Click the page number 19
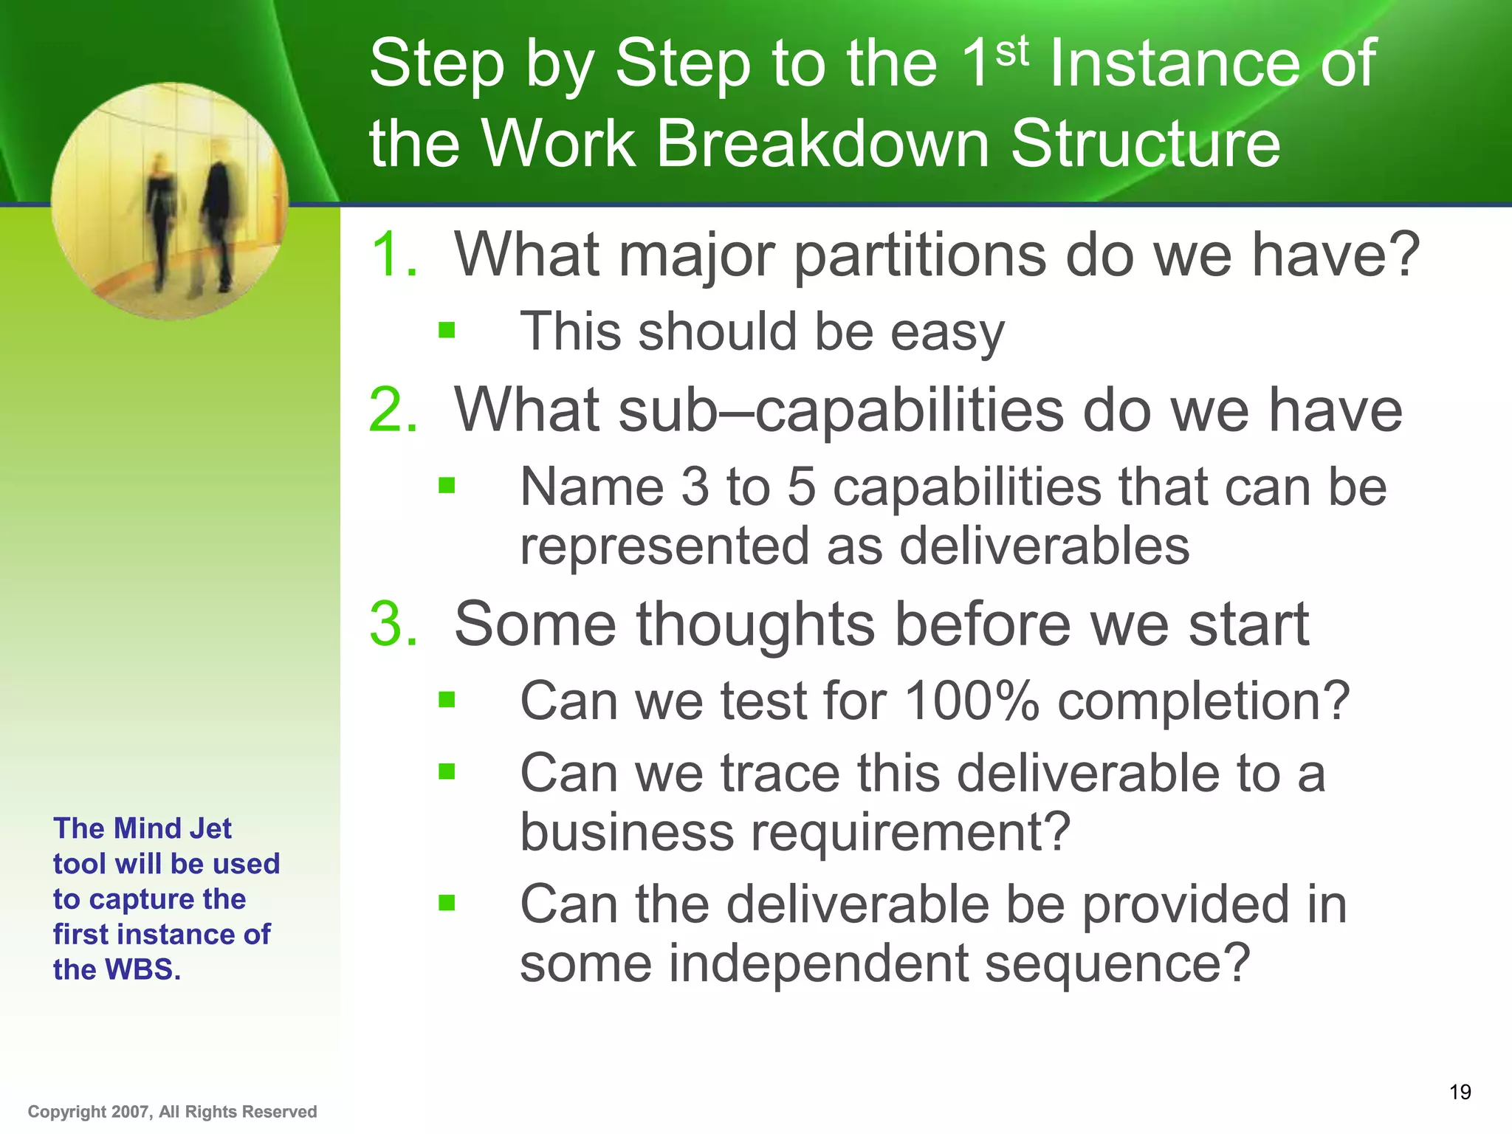(1460, 1092)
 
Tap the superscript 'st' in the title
(1011, 51)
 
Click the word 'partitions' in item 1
(920, 255)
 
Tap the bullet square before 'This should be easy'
(447, 330)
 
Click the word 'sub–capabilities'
(759, 410)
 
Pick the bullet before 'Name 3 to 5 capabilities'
(447, 485)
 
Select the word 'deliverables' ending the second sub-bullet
(1044, 546)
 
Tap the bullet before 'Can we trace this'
(447, 772)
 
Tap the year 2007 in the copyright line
(131, 1112)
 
